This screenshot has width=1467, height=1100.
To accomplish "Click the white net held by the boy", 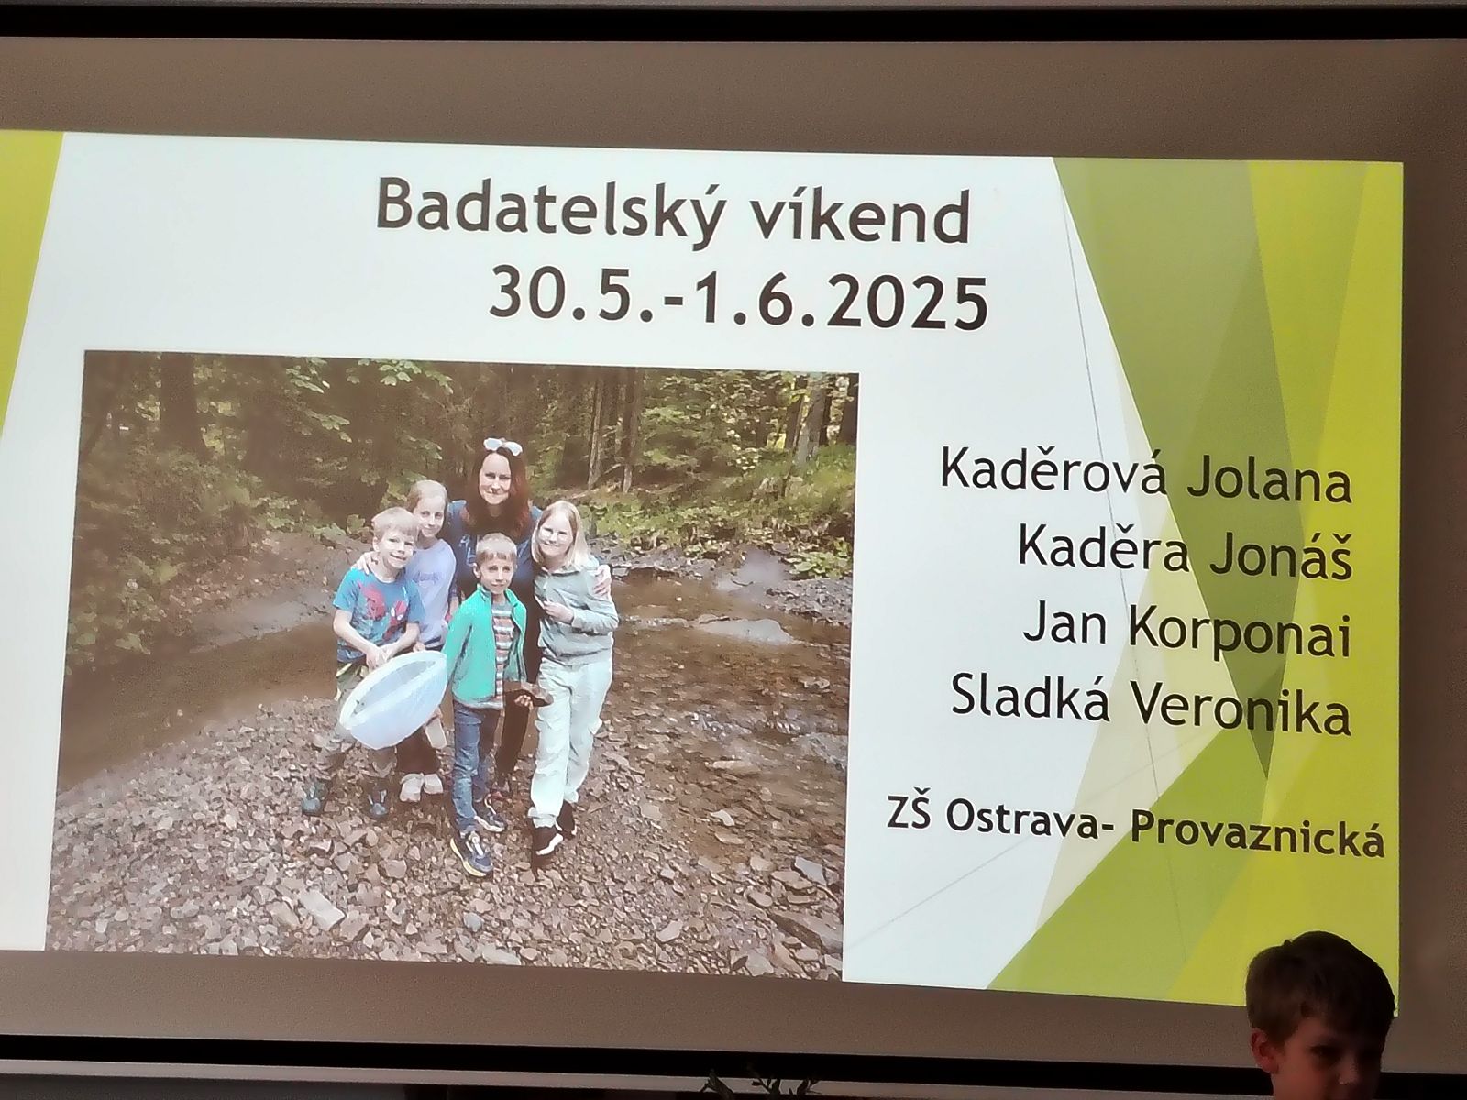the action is (x=394, y=698).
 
